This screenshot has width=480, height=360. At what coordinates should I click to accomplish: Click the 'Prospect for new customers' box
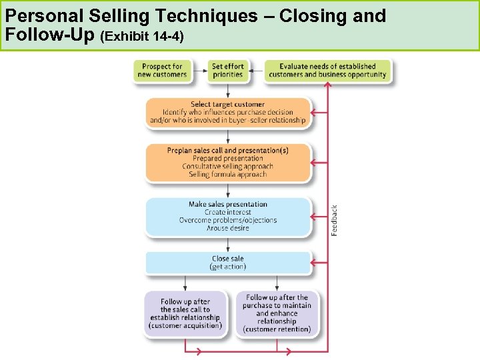coord(162,71)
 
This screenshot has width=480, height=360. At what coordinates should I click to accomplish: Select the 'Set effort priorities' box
coord(228,71)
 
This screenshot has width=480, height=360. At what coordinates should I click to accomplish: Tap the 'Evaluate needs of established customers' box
coord(327,71)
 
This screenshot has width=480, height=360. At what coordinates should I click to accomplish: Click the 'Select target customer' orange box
coord(228,113)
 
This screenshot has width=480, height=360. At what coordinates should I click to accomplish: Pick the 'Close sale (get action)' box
coord(228,263)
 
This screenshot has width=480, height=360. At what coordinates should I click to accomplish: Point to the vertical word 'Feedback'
coord(335,220)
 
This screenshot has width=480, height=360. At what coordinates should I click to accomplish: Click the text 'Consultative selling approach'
coord(228,167)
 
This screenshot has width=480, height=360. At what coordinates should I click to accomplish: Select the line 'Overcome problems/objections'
coord(228,220)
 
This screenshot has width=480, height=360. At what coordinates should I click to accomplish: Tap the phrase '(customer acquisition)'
coord(185,326)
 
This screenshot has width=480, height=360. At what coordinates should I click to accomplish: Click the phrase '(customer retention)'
coord(277,329)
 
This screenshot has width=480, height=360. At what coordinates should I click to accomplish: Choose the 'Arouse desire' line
coord(228,228)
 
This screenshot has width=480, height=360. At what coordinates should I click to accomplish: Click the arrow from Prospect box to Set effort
coord(198,71)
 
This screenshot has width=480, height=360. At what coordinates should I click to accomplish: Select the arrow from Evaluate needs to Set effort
coord(257,71)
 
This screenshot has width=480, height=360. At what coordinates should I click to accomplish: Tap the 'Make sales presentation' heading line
coord(228,204)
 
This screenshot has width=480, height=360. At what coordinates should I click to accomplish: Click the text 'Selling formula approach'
coord(228,175)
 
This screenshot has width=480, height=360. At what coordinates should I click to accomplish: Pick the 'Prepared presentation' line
coord(228,159)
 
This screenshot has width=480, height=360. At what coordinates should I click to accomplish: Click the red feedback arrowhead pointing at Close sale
coord(317,263)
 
